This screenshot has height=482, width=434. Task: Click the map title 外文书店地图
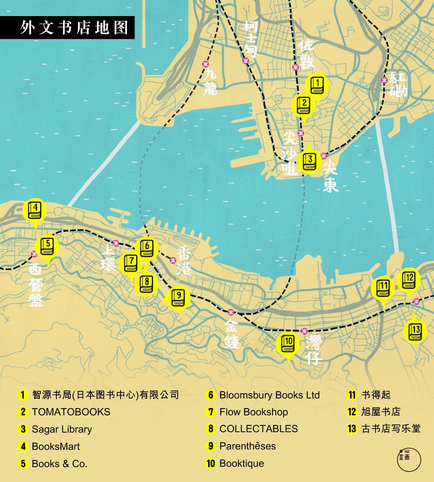(x=74, y=27)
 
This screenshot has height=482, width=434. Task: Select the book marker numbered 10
(x=288, y=344)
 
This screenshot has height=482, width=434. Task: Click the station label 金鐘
(x=232, y=333)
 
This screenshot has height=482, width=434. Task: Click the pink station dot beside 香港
(x=173, y=260)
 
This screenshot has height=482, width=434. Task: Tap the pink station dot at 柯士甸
(x=246, y=61)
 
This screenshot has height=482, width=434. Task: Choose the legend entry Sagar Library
(x=62, y=429)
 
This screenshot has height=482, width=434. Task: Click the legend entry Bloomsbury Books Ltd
(x=269, y=395)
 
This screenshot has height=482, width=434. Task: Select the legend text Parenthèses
(x=248, y=446)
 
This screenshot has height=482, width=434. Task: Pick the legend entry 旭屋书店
(x=381, y=412)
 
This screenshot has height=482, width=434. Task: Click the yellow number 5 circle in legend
(x=23, y=464)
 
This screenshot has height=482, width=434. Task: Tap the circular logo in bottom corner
(x=409, y=459)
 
